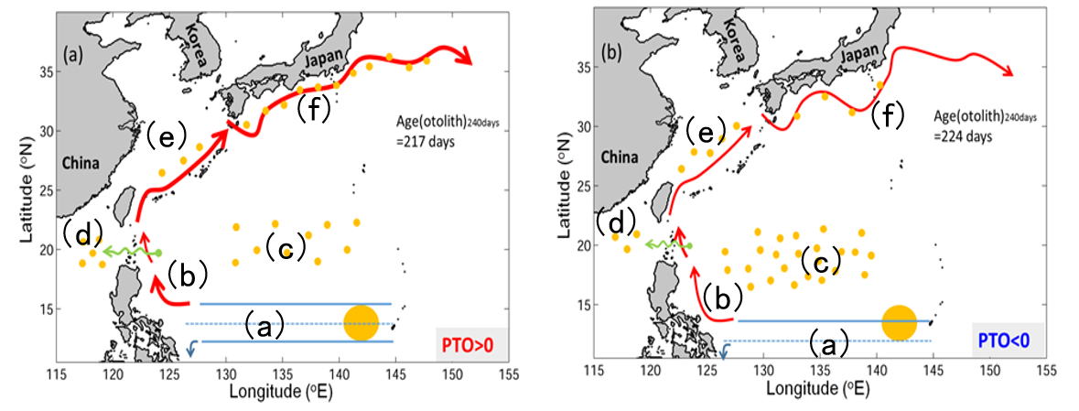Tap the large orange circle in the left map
(361, 322)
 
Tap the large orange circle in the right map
(899, 322)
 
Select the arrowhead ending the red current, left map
(464, 59)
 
